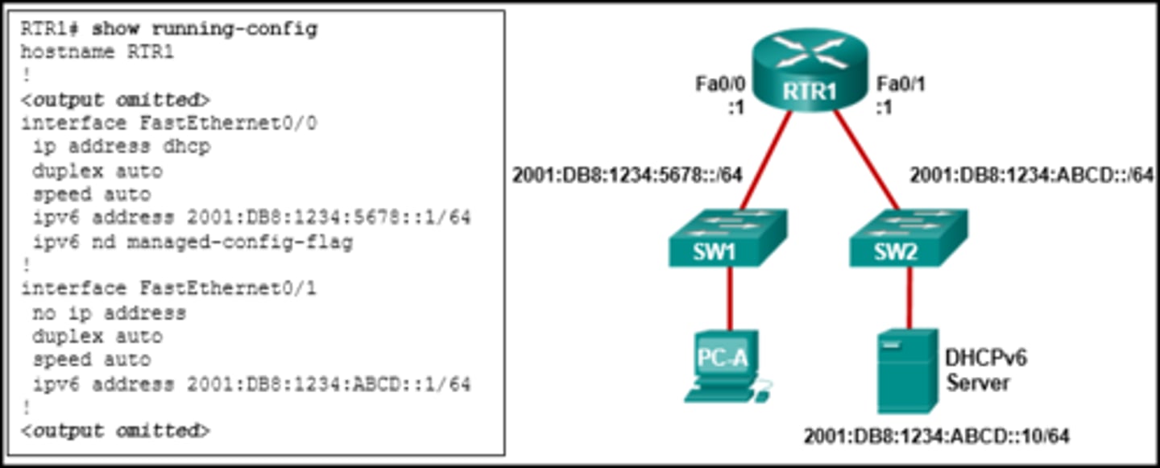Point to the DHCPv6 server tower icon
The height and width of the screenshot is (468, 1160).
click(907, 371)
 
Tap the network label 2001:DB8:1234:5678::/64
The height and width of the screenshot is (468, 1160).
click(627, 175)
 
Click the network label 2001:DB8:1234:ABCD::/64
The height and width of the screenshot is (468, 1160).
click(1031, 175)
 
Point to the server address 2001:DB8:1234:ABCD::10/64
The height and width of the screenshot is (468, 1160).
click(936, 437)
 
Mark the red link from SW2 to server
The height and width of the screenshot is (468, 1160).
click(909, 298)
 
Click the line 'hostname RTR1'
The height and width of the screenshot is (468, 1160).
click(97, 53)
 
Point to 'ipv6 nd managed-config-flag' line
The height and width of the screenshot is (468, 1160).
click(193, 242)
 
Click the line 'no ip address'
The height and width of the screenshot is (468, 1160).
click(109, 313)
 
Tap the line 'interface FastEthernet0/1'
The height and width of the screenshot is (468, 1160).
click(168, 288)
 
